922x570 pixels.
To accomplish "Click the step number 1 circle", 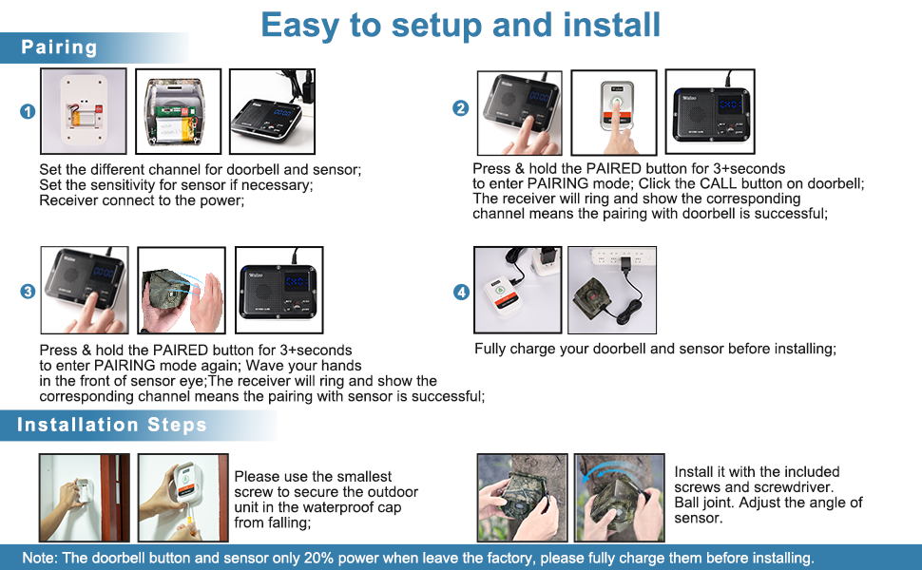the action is (x=28, y=112).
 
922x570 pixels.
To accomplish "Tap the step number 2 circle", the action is (x=460, y=108).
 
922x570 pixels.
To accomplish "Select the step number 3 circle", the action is (x=28, y=292).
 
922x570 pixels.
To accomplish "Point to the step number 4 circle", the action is (x=462, y=292).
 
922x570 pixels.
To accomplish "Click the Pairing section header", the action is (x=59, y=47).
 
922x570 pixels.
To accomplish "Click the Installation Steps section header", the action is (x=112, y=425).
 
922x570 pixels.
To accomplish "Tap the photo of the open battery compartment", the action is (x=178, y=112).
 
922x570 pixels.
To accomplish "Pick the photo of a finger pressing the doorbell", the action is (x=614, y=112).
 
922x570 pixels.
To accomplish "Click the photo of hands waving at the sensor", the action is (x=182, y=291).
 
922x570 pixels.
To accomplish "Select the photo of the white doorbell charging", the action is (x=517, y=291).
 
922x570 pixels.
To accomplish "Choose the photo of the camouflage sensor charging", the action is (x=612, y=291).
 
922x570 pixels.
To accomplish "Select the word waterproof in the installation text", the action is (x=339, y=507).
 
